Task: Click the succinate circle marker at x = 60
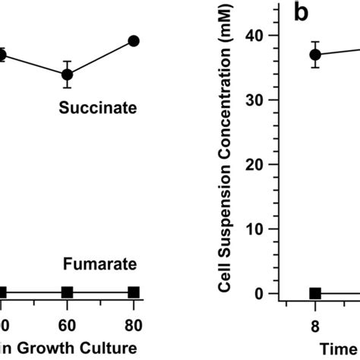pyautogui.click(x=67, y=74)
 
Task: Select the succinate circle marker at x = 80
pyautogui.click(x=134, y=41)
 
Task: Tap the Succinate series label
pyautogui.click(x=98, y=109)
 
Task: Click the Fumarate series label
pyautogui.click(x=99, y=264)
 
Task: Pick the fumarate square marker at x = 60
pyautogui.click(x=67, y=292)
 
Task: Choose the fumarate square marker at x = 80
pyautogui.click(x=134, y=292)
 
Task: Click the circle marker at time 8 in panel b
pyautogui.click(x=315, y=55)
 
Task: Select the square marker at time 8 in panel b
pyautogui.click(x=315, y=293)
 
